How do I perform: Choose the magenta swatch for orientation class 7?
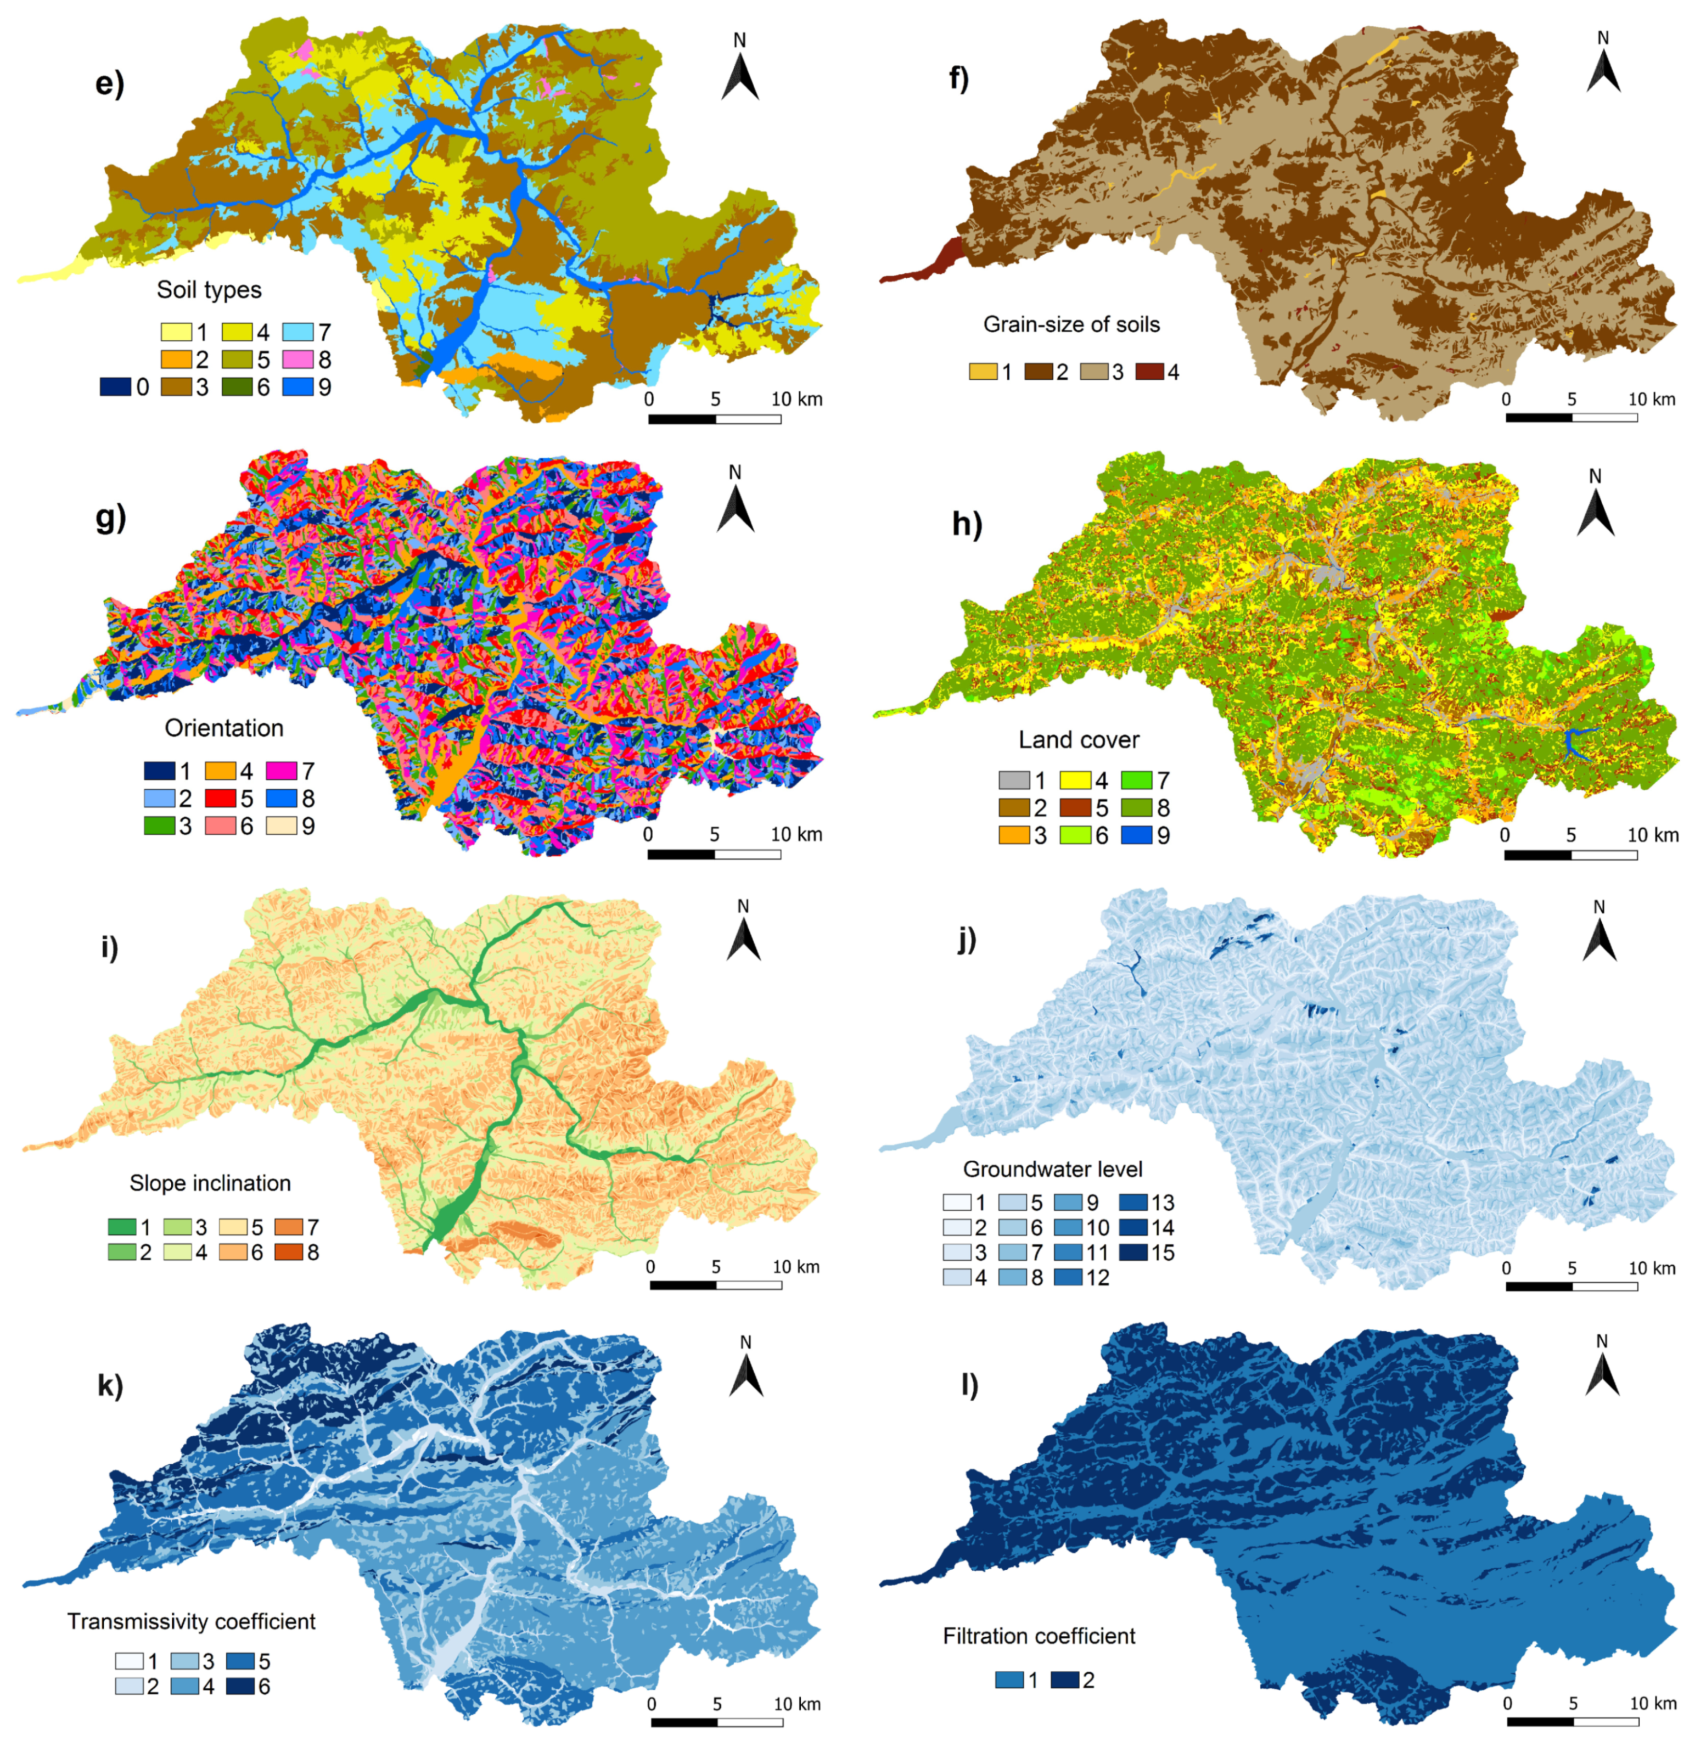pos(282,771)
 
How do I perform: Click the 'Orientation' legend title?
pos(224,728)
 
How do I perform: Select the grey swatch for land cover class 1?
pos(1013,780)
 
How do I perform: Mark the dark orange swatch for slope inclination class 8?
pos(289,1252)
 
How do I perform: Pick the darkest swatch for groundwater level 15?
pos(1135,1252)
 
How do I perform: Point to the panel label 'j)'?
pos(966,940)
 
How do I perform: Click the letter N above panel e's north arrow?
pos(739,40)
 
